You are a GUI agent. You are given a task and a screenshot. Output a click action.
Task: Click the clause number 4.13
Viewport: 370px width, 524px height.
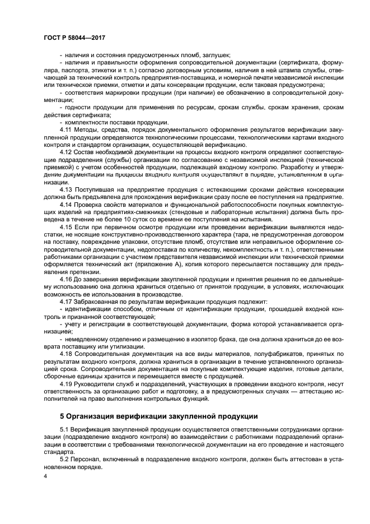coord(66,189)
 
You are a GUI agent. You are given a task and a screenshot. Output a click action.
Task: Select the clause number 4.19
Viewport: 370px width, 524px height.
coord(66,384)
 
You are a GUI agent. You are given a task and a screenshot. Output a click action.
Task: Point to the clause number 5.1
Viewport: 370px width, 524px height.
coord(64,430)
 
